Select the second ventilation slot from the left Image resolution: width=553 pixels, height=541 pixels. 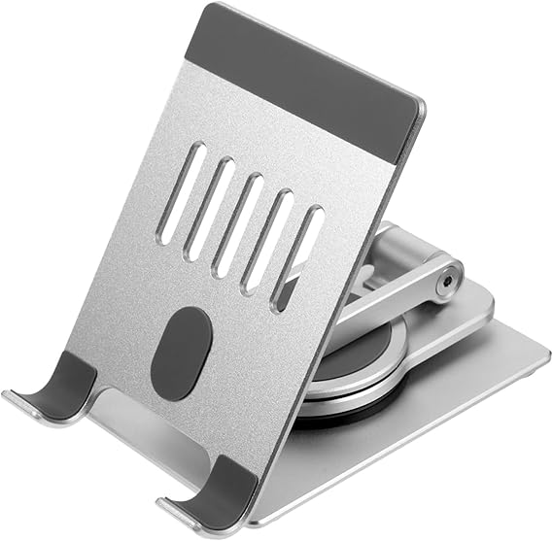click(209, 208)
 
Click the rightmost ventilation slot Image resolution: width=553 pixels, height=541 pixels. click(296, 256)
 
